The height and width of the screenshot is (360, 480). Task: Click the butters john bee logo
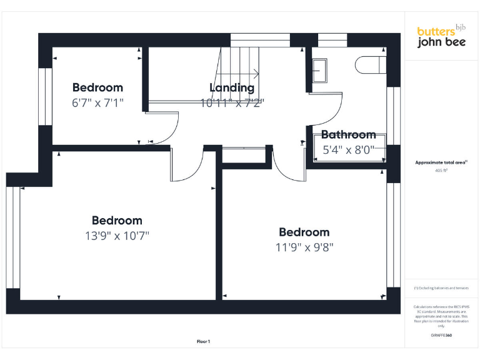441,36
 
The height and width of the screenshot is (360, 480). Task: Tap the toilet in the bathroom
368,64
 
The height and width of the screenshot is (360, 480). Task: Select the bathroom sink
320,70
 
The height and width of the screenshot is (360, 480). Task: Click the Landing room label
232,88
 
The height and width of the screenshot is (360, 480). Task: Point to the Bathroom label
348,134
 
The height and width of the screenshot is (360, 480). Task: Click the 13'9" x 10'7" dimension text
117,236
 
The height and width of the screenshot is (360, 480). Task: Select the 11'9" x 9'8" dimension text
304,247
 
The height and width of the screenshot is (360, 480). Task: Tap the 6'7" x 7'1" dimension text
97,102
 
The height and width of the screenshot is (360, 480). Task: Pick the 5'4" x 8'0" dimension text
348,150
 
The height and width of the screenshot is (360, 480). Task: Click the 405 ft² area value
441,170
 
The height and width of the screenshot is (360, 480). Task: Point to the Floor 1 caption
203,341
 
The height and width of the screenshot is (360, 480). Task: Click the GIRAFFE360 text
441,336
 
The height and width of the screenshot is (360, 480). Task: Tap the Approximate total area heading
441,162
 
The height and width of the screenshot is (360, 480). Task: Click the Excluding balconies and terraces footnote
441,288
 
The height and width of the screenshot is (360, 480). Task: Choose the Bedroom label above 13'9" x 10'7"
117,221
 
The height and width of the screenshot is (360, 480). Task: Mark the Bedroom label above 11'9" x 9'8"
304,232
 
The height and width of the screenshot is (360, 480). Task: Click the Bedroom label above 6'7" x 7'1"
97,87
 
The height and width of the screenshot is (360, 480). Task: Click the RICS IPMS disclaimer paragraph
441,316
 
